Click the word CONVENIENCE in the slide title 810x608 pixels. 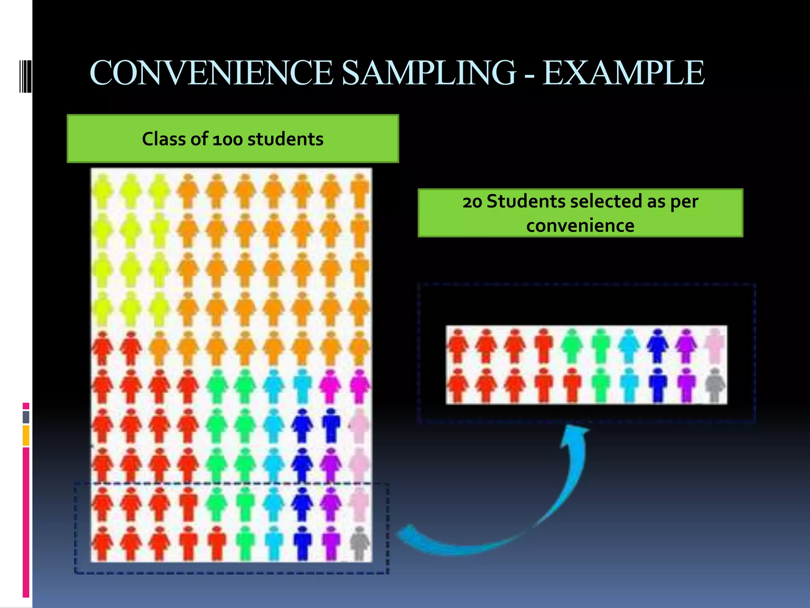coord(212,73)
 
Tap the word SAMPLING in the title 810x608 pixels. coord(429,73)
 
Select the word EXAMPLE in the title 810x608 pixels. coord(623,73)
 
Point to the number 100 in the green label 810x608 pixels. coord(227,140)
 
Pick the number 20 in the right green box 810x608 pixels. coord(472,202)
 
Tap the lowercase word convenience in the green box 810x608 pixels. coord(580,226)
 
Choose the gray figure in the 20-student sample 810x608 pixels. coord(715,385)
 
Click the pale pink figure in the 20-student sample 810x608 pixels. coord(715,346)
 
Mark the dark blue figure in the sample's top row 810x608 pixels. coord(657,346)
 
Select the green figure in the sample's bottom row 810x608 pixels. coord(600,385)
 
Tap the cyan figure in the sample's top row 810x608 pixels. coord(629,346)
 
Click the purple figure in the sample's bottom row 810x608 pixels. coord(686,385)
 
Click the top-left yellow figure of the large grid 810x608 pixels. coord(102,191)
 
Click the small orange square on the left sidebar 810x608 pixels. coord(26,435)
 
